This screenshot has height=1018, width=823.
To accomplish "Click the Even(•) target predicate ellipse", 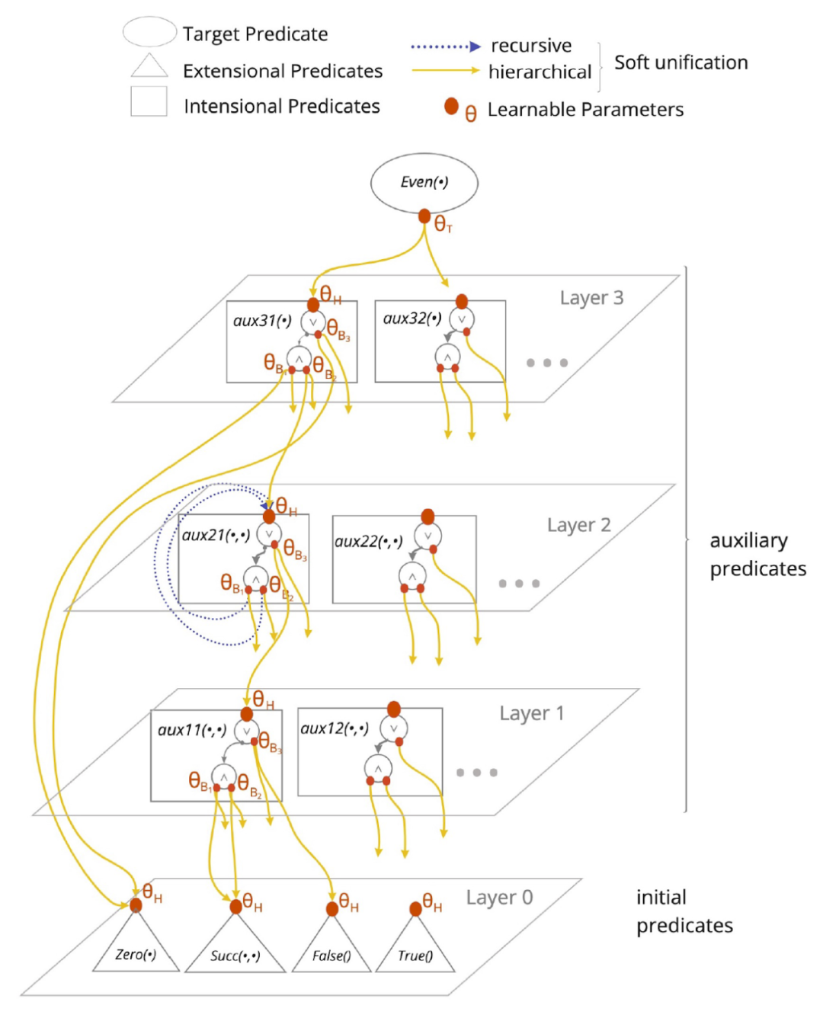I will pos(424,183).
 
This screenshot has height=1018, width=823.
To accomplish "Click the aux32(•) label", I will pos(412,319).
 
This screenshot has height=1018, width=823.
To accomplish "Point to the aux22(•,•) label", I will pos(369,541).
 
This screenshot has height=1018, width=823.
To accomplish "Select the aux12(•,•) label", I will pos(335,728).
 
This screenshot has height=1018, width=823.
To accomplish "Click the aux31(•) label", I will pos(262,321).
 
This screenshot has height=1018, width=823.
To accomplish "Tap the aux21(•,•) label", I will pos(216,535).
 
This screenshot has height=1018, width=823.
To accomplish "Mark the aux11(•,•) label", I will pos(192,730).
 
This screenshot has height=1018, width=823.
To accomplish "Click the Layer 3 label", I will pos(591,298).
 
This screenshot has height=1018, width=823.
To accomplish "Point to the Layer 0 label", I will pos(499,898).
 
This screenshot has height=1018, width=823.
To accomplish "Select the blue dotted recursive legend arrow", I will pos(446,46).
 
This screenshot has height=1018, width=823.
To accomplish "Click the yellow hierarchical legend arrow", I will pos(446,71).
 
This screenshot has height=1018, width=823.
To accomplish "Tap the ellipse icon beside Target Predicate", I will pos(149,32).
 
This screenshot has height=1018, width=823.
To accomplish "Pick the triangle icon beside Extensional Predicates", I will pos(149,67).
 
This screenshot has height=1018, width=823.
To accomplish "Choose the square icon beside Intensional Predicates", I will pos(149,101).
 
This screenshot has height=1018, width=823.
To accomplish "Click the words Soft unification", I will pos(680,62).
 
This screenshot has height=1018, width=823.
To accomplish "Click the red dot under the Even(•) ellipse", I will pos(424,216).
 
